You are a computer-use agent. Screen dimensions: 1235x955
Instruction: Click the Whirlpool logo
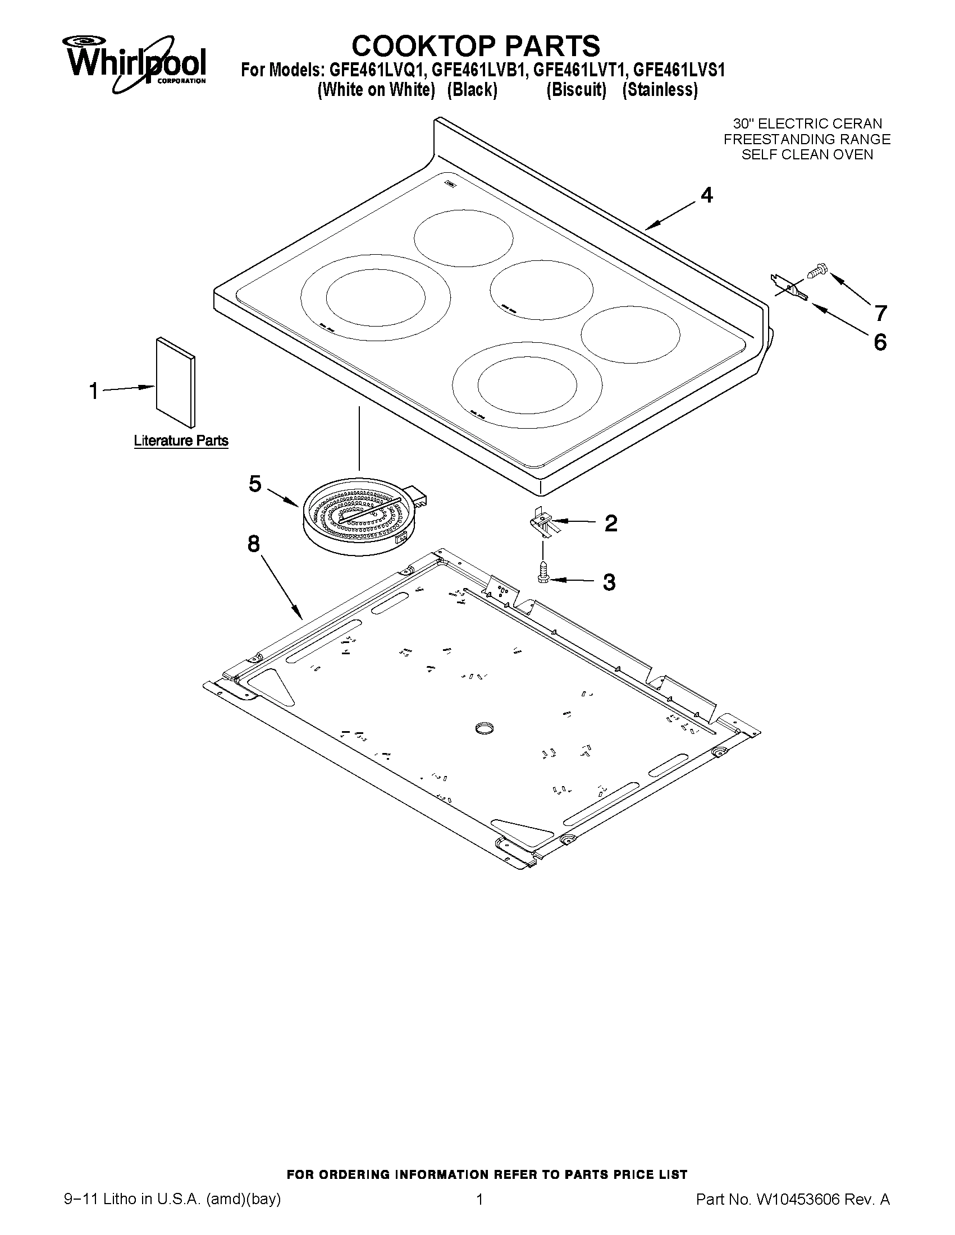click(136, 63)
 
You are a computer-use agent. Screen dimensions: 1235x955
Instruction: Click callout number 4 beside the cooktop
click(707, 195)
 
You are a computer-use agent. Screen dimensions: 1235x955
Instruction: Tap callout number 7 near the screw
click(880, 312)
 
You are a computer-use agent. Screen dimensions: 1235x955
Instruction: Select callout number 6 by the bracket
click(880, 342)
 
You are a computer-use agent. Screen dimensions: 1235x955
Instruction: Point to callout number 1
click(94, 391)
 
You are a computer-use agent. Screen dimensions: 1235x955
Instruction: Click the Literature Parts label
click(181, 440)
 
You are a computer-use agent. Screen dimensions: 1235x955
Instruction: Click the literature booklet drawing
click(176, 382)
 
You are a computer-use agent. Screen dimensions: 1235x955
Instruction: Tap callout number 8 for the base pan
click(253, 544)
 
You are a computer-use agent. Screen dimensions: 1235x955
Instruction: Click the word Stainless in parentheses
click(660, 90)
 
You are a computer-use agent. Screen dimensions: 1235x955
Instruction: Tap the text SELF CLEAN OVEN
click(807, 155)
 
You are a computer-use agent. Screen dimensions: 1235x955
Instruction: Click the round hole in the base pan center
click(485, 728)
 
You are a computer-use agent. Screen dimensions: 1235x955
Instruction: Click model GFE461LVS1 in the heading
click(679, 70)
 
